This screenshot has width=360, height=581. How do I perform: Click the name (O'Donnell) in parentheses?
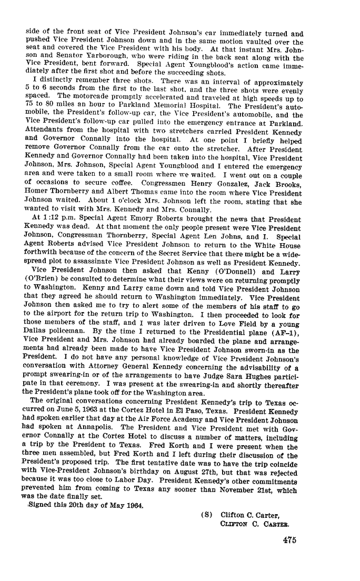[230, 273]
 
